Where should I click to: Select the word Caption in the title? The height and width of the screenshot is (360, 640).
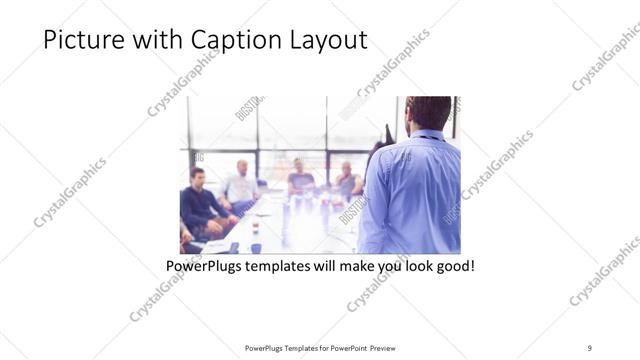tap(224, 40)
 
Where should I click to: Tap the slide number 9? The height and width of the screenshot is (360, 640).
tap(590, 347)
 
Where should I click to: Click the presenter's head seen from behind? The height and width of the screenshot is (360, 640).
tap(429, 112)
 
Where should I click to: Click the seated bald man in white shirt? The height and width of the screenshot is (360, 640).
tap(241, 184)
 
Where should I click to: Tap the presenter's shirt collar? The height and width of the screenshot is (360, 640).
tap(426, 134)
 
